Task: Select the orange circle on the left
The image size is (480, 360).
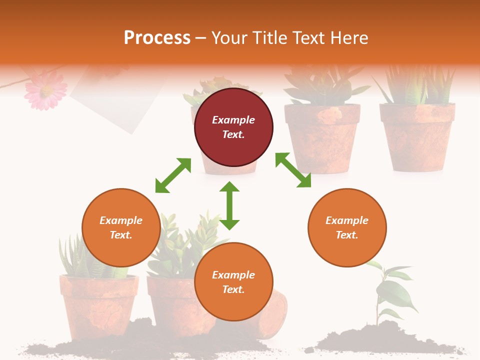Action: tap(121, 227)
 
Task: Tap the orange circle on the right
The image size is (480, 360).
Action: tap(347, 227)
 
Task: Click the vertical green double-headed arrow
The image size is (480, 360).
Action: tap(229, 205)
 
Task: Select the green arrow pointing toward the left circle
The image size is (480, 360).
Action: tap(173, 175)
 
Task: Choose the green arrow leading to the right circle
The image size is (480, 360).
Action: tap(293, 170)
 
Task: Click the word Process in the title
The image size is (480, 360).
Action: tap(157, 37)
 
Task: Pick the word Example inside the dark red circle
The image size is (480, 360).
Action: tap(233, 120)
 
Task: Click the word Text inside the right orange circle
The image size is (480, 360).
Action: tap(347, 235)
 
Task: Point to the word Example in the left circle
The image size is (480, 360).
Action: tap(121, 220)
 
